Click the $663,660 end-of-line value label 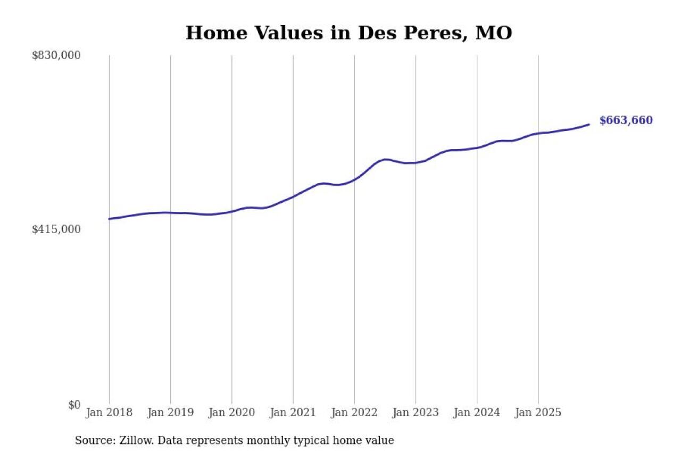626,120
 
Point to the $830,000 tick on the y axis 56,55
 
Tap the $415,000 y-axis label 56,229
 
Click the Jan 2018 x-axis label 109,412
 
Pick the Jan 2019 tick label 170,412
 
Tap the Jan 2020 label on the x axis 231,412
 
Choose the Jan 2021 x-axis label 293,412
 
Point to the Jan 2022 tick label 354,412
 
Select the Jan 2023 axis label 416,412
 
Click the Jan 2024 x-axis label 477,412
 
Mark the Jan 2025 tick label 538,412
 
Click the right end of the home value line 589,125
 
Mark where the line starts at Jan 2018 109,219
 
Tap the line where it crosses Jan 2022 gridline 354,179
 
